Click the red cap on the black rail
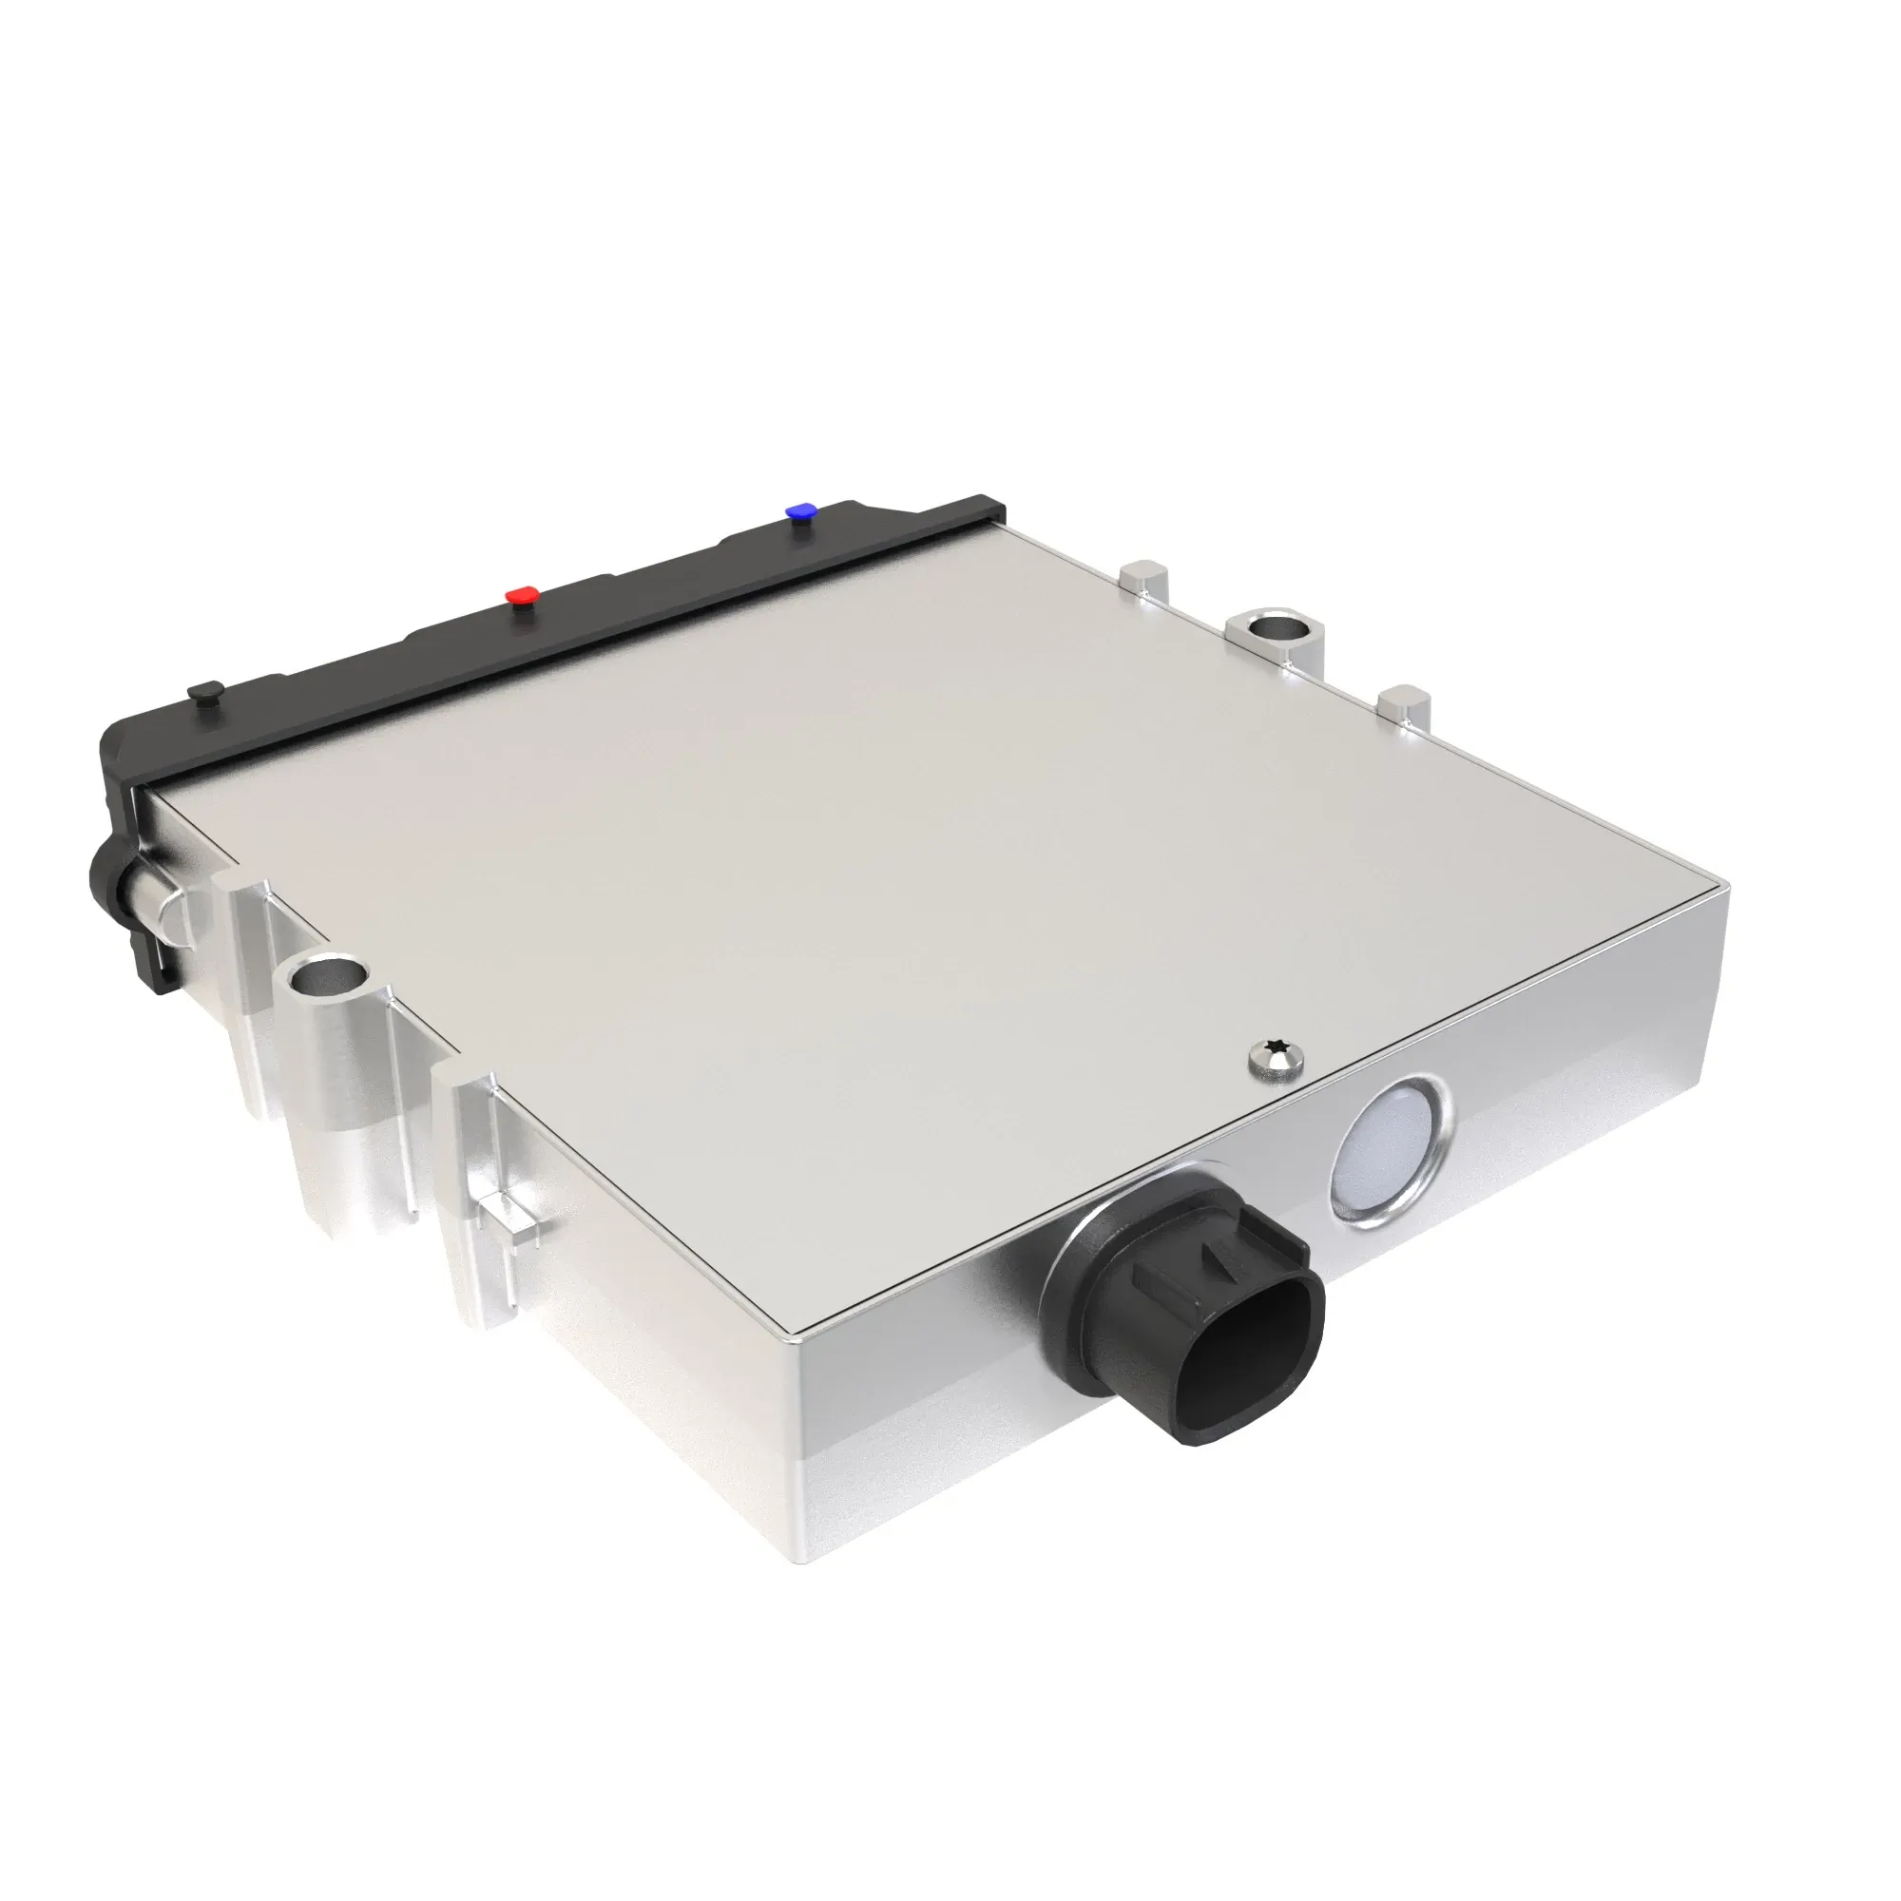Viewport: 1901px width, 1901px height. pos(523,595)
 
